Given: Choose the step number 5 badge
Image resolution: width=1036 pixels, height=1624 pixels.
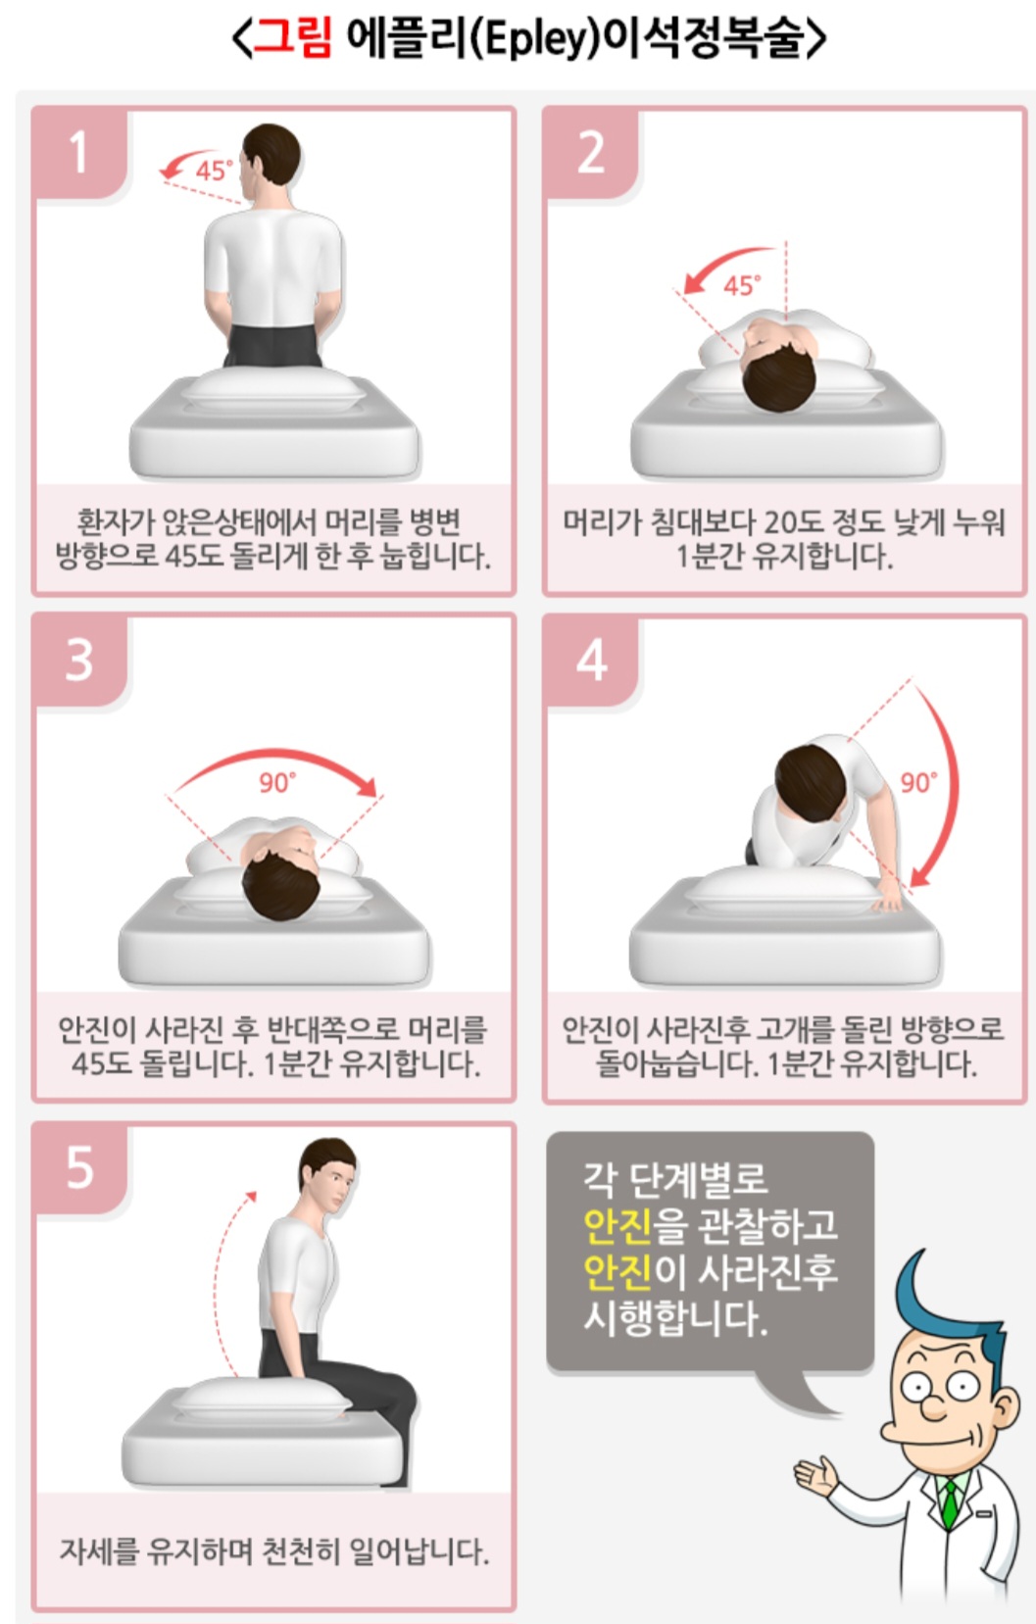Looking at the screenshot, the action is click(x=80, y=1168).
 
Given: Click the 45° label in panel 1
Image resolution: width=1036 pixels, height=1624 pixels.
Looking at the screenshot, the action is click(x=214, y=172).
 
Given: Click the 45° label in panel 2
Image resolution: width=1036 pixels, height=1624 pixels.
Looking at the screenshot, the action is click(x=742, y=285).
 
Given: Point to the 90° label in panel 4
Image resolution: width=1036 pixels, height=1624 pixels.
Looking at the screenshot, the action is click(x=918, y=783).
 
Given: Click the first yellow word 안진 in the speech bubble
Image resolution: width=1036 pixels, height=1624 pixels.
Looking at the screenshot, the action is click(x=617, y=1224).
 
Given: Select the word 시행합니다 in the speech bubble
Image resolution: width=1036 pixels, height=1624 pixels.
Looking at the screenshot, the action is click(x=675, y=1316).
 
